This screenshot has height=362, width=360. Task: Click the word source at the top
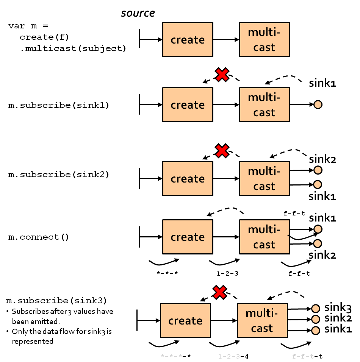(138, 13)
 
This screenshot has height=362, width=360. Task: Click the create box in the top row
(188, 40)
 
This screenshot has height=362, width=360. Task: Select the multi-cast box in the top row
(265, 40)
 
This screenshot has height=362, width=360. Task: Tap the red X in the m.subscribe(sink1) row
(222, 75)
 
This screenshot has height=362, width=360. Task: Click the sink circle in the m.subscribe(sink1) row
(318, 105)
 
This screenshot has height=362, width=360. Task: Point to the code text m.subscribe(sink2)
(59, 175)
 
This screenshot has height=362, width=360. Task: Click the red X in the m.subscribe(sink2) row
(222, 150)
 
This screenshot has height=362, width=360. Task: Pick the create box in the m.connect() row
(188, 237)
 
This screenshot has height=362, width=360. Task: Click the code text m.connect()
(39, 237)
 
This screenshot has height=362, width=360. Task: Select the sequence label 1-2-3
(225, 273)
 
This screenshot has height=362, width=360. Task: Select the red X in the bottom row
(220, 292)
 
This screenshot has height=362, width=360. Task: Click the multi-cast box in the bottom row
(262, 321)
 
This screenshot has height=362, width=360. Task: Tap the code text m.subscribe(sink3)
(57, 301)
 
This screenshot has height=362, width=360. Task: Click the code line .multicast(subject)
(73, 48)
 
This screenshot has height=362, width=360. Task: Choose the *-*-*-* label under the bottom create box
(176, 356)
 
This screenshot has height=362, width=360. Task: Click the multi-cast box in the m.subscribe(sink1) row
(265, 105)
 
